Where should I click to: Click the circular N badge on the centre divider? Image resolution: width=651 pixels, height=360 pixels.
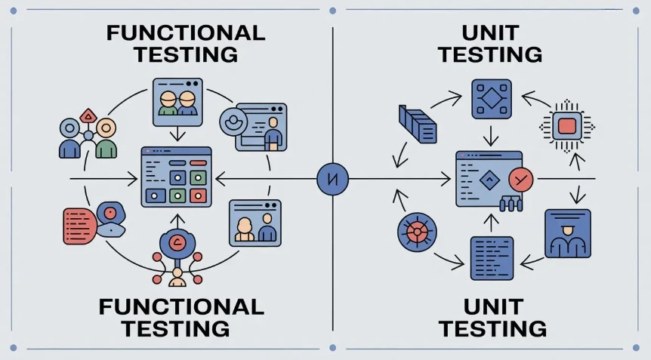click(x=333, y=180)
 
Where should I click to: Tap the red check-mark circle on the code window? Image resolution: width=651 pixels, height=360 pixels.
click(x=520, y=180)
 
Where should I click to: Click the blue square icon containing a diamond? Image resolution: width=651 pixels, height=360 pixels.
click(x=492, y=98)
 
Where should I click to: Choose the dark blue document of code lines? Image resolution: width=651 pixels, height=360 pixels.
click(x=492, y=258)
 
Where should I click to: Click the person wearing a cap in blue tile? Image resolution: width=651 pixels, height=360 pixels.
click(x=566, y=234)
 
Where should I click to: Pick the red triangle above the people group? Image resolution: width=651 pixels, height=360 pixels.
click(x=89, y=115)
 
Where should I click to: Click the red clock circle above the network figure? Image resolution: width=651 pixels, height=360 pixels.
click(x=178, y=243)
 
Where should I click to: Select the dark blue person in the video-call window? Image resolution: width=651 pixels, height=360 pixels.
click(x=266, y=228)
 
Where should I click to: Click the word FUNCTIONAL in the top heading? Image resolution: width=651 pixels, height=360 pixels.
click(x=185, y=33)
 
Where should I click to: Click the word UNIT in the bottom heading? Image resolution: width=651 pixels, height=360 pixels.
click(x=492, y=306)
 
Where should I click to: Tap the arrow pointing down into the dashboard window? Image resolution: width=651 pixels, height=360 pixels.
click(x=177, y=134)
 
